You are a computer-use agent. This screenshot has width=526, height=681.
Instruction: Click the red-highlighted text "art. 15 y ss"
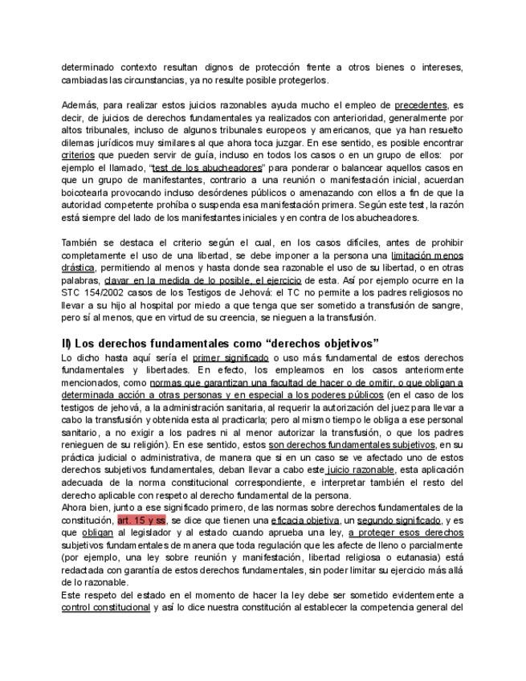pyautogui.click(x=141, y=520)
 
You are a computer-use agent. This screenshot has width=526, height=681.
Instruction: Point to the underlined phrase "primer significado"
pyautogui.click(x=230, y=357)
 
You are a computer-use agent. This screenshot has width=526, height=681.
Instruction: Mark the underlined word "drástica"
pyautogui.click(x=78, y=267)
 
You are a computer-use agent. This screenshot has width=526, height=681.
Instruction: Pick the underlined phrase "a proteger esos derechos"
pyautogui.click(x=406, y=532)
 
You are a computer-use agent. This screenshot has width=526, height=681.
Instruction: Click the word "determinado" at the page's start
pyautogui.click(x=89, y=67)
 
